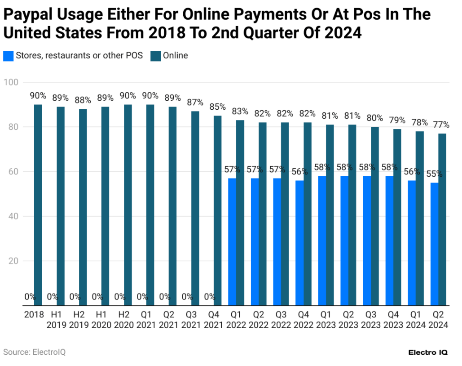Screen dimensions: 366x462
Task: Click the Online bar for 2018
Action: tap(38, 205)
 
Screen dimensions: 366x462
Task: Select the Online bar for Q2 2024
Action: tap(442, 219)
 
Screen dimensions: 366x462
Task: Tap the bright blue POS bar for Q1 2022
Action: tap(232, 242)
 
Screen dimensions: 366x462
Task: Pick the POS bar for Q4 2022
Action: tap(299, 243)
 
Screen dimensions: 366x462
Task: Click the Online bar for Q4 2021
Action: tap(217, 210)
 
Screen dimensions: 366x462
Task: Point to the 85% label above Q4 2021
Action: tap(217, 107)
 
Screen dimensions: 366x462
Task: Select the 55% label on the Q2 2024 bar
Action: tap(434, 174)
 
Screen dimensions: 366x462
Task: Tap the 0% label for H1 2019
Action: tap(53, 297)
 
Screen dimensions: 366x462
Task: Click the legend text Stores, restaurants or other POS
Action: tap(79, 56)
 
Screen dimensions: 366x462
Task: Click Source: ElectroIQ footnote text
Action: tap(34, 352)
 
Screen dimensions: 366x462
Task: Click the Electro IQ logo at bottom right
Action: tap(427, 353)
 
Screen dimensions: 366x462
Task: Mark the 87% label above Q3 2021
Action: tap(195, 103)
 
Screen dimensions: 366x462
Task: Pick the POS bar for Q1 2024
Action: tap(412, 243)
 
